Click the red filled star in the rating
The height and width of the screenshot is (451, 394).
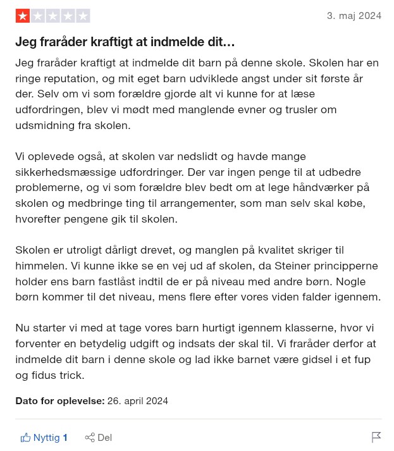click(23, 16)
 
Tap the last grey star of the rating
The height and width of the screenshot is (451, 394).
click(83, 16)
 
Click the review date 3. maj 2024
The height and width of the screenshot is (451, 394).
click(354, 16)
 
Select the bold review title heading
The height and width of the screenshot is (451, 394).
click(125, 42)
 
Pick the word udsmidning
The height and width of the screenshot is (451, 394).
click(45, 125)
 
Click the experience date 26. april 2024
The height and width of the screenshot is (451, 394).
click(138, 401)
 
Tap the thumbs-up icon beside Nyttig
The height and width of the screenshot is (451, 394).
click(25, 438)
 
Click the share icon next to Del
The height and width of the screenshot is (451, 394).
click(90, 438)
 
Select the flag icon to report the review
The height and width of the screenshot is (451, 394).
click(376, 437)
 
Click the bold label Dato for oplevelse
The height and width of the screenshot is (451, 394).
click(59, 401)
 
